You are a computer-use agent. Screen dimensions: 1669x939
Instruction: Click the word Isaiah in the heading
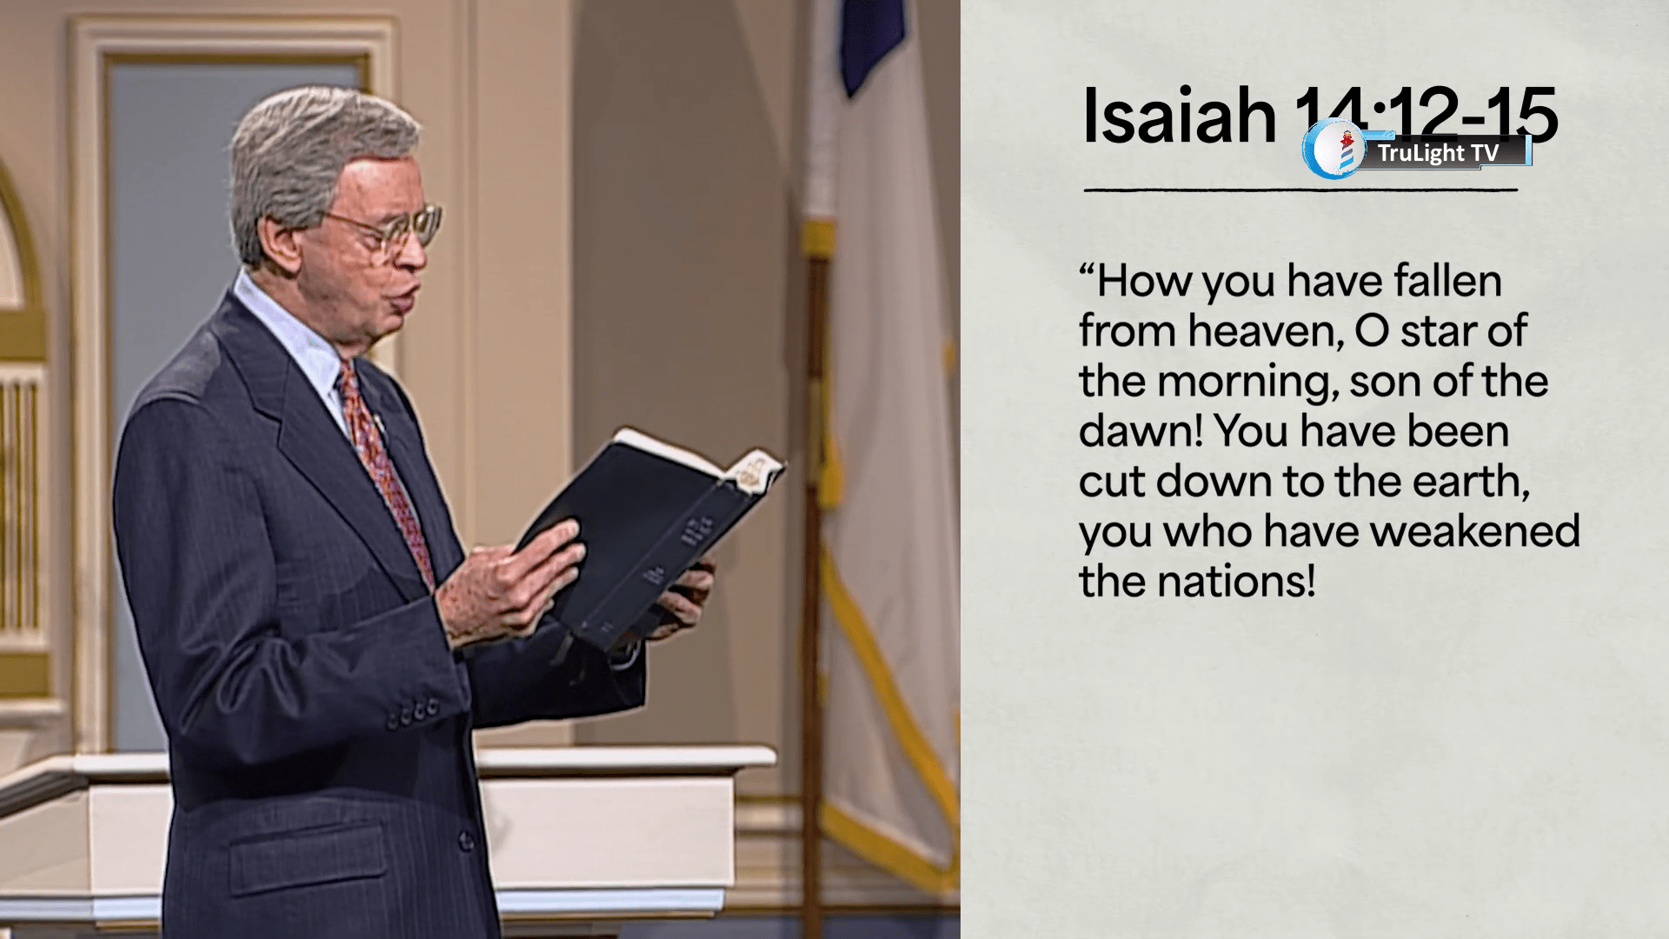(x=1179, y=117)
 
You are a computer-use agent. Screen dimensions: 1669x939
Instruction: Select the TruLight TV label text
(x=1438, y=153)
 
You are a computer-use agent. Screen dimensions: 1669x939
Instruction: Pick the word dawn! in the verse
(x=1141, y=431)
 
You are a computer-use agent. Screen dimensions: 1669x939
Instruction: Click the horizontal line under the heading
(x=1300, y=190)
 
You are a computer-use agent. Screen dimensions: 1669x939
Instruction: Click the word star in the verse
(x=1437, y=331)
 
